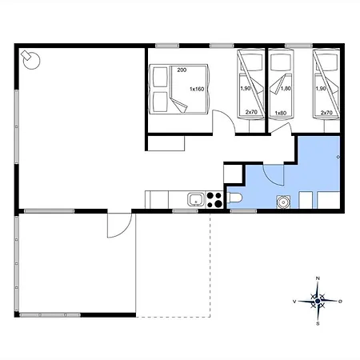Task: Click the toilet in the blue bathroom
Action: [234, 198]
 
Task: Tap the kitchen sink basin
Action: [196, 199]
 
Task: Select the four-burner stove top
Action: [214, 200]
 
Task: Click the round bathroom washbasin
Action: [283, 202]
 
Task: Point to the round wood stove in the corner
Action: [30, 60]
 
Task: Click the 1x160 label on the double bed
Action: [197, 89]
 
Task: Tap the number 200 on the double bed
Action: [182, 70]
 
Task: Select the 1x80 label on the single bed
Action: [281, 113]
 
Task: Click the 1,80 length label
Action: [286, 88]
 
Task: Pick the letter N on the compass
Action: [318, 278]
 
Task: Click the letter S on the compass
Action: [318, 324]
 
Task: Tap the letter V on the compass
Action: [294, 302]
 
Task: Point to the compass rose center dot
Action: [318, 301]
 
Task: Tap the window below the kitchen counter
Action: [185, 211]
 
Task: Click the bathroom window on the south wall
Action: [243, 211]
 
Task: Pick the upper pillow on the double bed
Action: [160, 77]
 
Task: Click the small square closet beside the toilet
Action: [233, 174]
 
